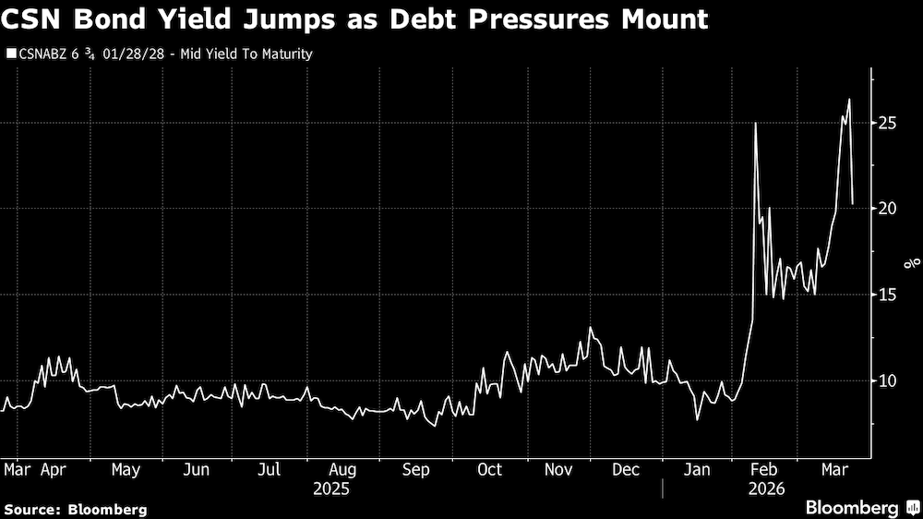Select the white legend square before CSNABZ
(10, 54)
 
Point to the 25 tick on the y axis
(888, 123)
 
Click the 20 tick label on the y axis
(888, 209)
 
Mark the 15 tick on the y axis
(888, 295)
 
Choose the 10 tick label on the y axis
(888, 380)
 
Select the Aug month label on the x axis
(342, 470)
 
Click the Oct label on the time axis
(489, 470)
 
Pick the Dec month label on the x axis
(627, 470)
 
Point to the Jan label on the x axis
(699, 470)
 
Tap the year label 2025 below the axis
(330, 489)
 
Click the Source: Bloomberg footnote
(76, 509)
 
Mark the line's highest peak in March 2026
(849, 99)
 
